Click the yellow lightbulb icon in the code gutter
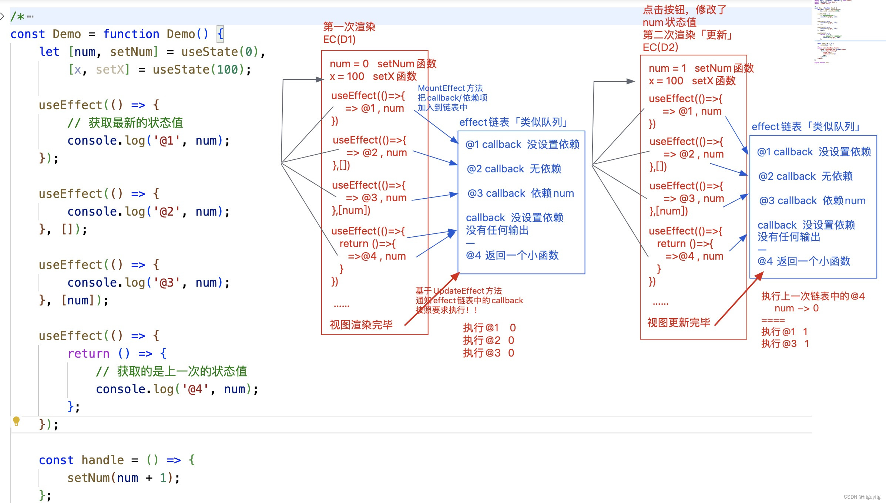[x=16, y=421]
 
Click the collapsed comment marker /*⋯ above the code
[x=22, y=17]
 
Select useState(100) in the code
[x=202, y=70]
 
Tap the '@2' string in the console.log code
[x=166, y=212]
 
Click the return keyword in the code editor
[x=88, y=354]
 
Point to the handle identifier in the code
[x=103, y=460]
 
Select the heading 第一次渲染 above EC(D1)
[x=349, y=27]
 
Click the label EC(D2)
[x=660, y=47]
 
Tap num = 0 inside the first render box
[x=349, y=64]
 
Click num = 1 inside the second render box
[x=667, y=68]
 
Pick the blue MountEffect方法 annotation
[x=450, y=88]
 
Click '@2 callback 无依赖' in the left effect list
[x=514, y=169]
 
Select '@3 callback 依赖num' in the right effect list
[x=812, y=201]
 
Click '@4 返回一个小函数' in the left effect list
[x=512, y=255]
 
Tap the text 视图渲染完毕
[x=361, y=325]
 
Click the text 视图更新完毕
[x=678, y=323]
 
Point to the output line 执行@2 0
[x=488, y=340]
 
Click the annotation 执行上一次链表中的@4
[x=812, y=296]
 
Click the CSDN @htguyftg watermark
[x=862, y=497]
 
